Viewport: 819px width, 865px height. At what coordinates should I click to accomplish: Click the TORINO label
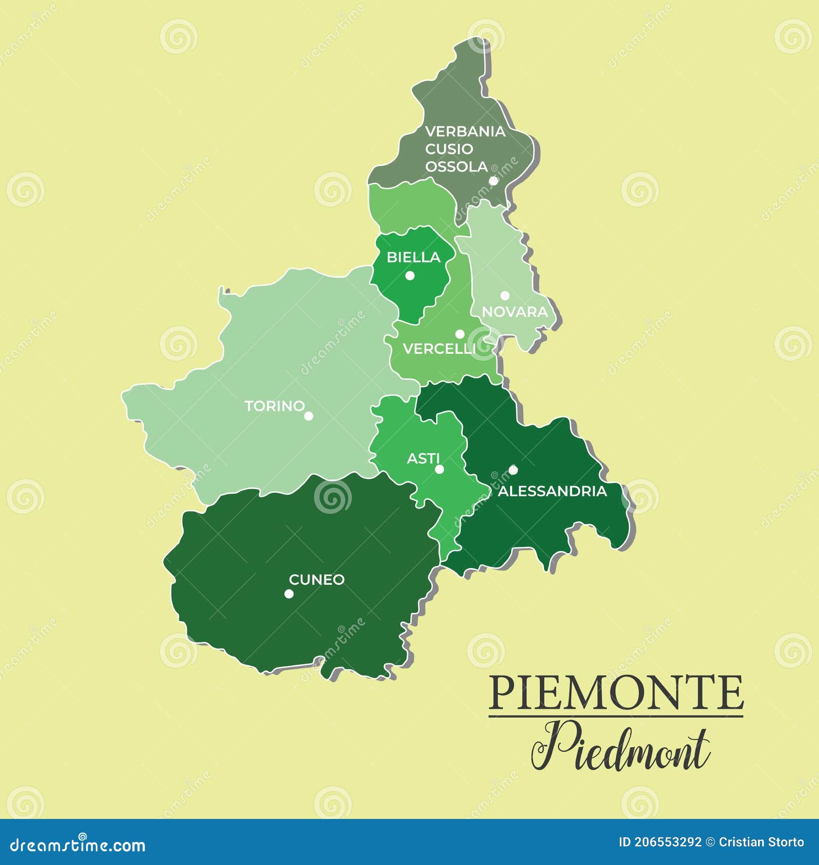(x=275, y=406)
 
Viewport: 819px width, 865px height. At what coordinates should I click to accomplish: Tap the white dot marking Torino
(x=308, y=416)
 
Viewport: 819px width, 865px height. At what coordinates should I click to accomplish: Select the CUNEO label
(x=317, y=579)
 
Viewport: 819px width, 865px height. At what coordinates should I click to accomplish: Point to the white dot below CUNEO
(x=289, y=594)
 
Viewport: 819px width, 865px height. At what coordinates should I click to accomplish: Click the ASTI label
(x=423, y=459)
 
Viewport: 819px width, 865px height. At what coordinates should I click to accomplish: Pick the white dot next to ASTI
(x=439, y=469)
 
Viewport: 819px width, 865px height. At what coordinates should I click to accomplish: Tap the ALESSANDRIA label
(x=552, y=491)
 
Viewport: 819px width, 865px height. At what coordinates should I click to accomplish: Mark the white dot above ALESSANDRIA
(x=513, y=470)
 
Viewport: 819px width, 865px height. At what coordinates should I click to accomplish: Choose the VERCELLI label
(x=439, y=349)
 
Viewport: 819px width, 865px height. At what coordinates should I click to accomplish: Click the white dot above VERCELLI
(x=460, y=334)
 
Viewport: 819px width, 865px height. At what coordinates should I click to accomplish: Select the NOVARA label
(x=514, y=312)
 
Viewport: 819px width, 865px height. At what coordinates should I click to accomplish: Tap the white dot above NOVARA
(x=505, y=295)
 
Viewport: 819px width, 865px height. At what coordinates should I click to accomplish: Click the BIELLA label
(x=413, y=257)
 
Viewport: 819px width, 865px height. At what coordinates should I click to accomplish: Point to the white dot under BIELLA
(x=410, y=275)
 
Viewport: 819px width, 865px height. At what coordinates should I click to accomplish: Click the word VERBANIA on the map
(x=465, y=132)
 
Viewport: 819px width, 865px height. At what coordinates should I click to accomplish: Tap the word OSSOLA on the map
(x=456, y=167)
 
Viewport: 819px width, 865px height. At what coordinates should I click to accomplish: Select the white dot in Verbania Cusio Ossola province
(x=493, y=181)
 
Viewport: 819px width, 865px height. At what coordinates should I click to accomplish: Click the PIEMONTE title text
(x=616, y=692)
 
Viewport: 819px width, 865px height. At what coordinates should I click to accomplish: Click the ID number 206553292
(x=667, y=842)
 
